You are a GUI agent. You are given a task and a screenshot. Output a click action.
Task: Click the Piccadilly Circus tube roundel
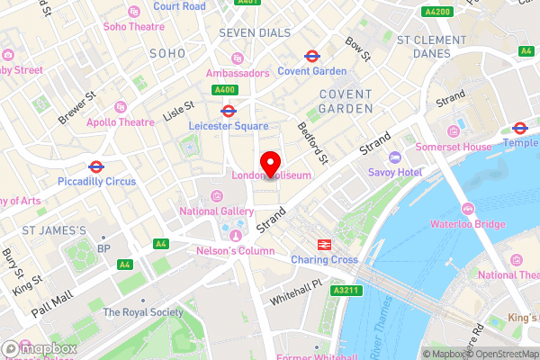(95, 167)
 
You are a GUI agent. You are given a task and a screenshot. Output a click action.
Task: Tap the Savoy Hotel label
(394, 171)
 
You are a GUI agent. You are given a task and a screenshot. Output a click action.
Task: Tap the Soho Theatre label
(134, 26)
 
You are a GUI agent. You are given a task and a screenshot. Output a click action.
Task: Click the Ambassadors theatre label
(238, 73)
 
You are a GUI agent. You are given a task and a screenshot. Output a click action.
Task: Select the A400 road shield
(224, 90)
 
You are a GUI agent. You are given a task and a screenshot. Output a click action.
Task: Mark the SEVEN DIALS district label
(256, 32)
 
